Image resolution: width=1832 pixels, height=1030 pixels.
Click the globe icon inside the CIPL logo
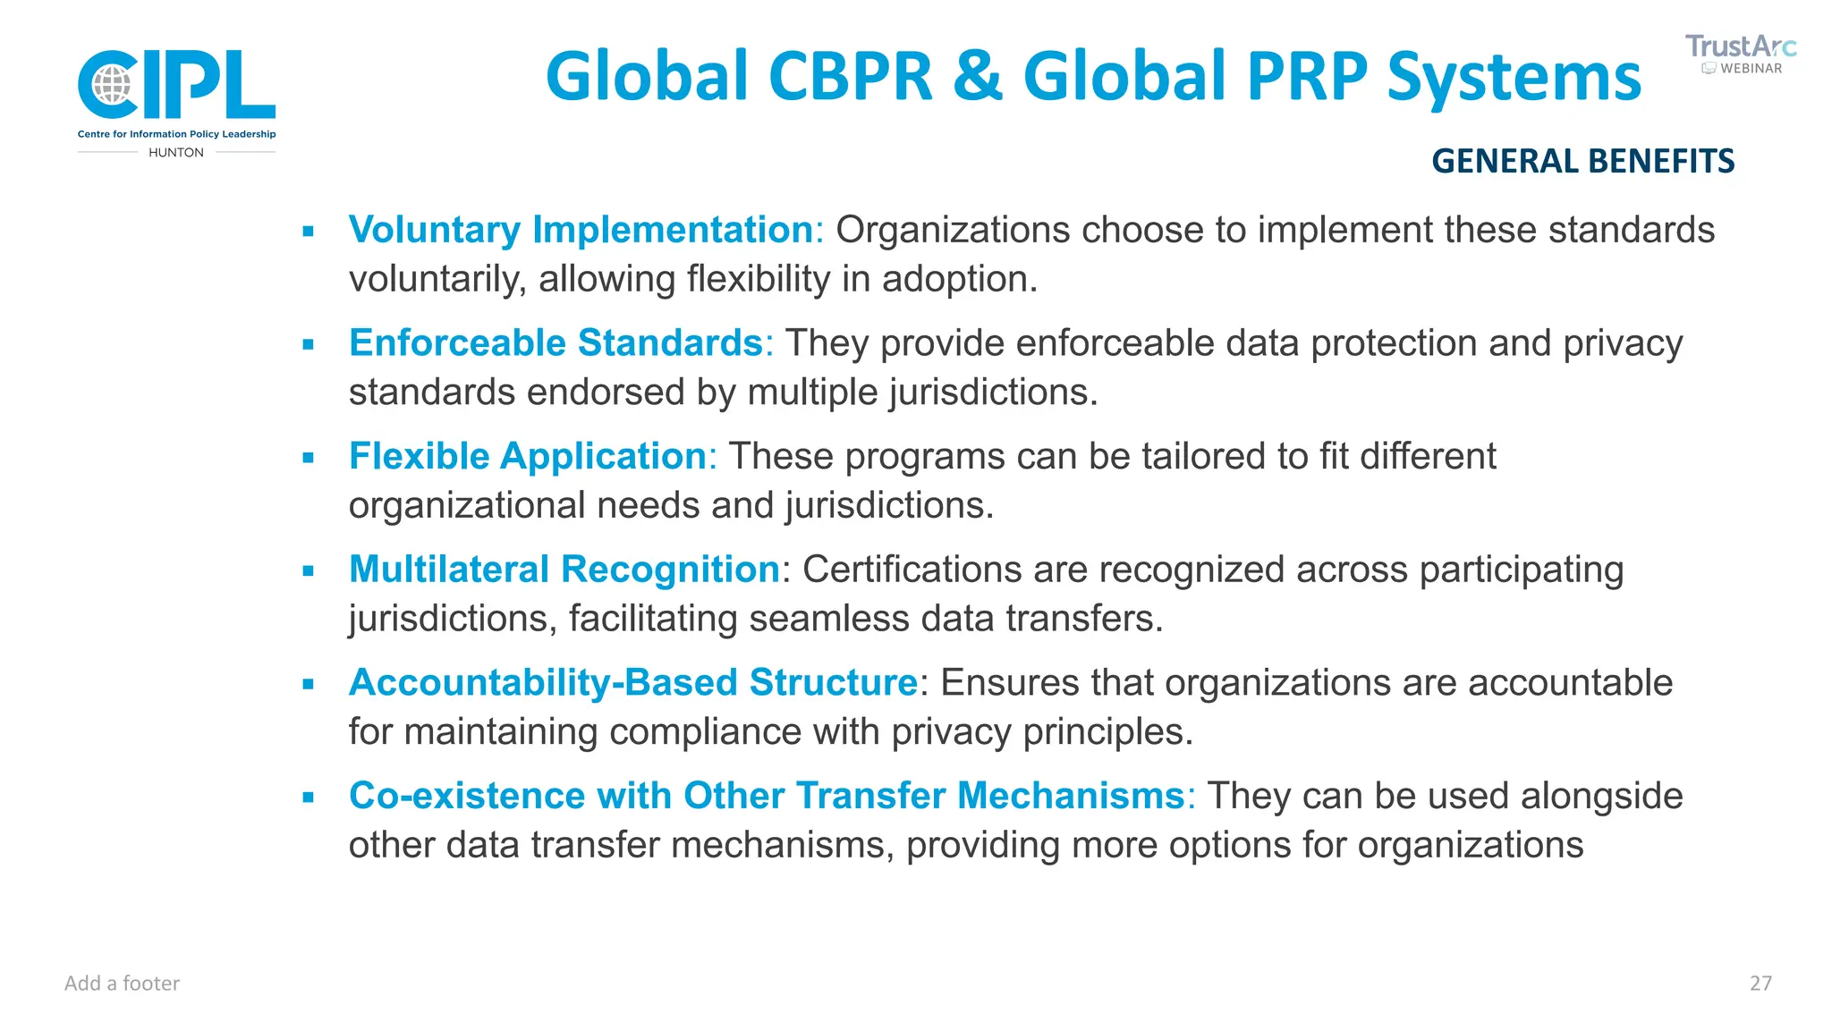pyautogui.click(x=113, y=85)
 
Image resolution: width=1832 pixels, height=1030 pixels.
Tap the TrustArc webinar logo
pyautogui.click(x=1740, y=54)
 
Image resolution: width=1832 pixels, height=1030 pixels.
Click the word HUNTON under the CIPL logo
pyautogui.click(x=176, y=153)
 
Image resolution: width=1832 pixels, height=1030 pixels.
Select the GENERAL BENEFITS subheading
pyautogui.click(x=1582, y=161)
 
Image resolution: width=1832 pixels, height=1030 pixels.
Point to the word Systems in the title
pyautogui.click(x=1514, y=77)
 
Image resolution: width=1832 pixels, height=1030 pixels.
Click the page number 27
pyautogui.click(x=1760, y=984)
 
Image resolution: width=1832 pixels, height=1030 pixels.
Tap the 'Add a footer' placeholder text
pyautogui.click(x=123, y=984)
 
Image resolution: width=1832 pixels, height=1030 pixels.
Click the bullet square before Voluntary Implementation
pyautogui.click(x=309, y=232)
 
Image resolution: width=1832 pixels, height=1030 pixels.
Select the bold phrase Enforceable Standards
pyautogui.click(x=556, y=343)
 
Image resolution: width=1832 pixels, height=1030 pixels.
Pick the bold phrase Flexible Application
pyautogui.click(x=528, y=457)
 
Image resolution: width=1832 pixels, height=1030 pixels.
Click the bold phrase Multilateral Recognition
pyautogui.click(x=564, y=570)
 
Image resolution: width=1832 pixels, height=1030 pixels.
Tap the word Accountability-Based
pyautogui.click(x=543, y=683)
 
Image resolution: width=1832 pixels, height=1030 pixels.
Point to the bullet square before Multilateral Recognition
pyautogui.click(x=309, y=570)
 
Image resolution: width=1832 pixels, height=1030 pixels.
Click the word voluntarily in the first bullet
pyautogui.click(x=437, y=280)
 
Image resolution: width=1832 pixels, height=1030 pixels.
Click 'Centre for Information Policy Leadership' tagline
pyautogui.click(x=177, y=134)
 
